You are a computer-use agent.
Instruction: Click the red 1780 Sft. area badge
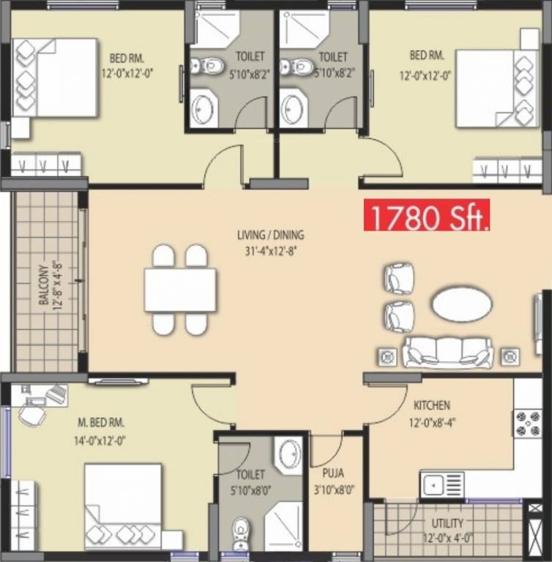click(427, 217)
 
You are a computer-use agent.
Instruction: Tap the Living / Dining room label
click(270, 236)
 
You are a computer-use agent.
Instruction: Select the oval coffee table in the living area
click(461, 305)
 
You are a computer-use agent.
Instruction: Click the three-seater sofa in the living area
click(447, 353)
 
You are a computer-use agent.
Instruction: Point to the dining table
click(180, 291)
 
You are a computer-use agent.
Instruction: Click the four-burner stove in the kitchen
click(527, 423)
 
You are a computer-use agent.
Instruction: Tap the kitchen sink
click(442, 484)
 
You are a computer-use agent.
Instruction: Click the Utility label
click(447, 523)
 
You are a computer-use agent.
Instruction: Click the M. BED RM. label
click(102, 423)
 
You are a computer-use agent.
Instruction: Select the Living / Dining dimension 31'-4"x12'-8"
click(270, 250)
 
